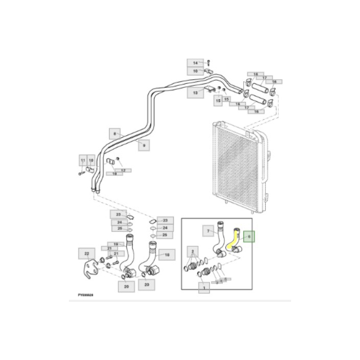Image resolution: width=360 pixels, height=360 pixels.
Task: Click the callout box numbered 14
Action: (195, 63)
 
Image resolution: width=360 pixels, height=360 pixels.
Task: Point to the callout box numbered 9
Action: (144, 146)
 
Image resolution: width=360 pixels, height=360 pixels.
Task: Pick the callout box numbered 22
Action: (86, 254)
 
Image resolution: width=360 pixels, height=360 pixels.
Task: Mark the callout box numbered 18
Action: (166, 254)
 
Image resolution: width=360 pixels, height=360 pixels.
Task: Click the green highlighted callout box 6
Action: (249, 237)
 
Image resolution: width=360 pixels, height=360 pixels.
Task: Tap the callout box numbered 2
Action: (193, 251)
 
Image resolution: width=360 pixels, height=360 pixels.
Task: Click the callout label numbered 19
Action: (116, 244)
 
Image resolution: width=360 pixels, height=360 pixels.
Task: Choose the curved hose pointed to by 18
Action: (153, 257)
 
